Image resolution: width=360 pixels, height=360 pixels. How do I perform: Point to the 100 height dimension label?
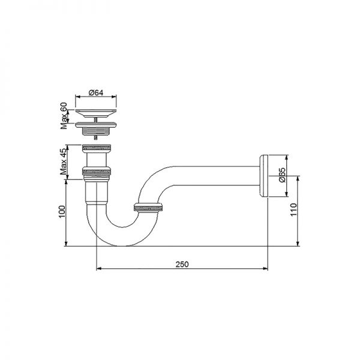pyautogui.click(x=62, y=214)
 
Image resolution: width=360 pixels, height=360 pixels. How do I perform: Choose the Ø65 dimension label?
pyautogui.click(x=280, y=176)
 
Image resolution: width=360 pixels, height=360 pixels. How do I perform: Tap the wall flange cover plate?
pyautogui.click(x=263, y=176)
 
